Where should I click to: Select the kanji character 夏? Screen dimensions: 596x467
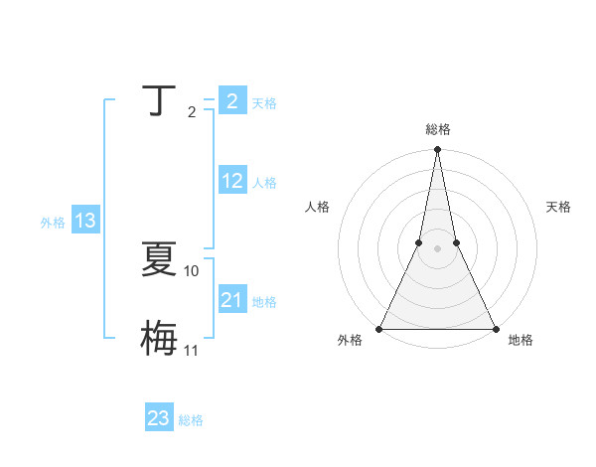click(159, 260)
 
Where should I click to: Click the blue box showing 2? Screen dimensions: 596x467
click(231, 101)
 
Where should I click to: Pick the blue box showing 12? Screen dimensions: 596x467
click(232, 181)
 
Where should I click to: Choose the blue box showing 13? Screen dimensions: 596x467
click(85, 221)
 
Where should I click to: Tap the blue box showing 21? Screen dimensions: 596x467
click(232, 300)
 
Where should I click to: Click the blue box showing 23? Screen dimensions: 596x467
click(159, 418)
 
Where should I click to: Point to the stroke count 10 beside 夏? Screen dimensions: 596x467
click(192, 270)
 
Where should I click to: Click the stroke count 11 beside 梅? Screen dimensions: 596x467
click(192, 350)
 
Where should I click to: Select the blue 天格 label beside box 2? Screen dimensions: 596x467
click(264, 103)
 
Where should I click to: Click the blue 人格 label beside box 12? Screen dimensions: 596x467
click(264, 183)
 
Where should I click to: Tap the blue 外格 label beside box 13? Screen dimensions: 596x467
click(53, 223)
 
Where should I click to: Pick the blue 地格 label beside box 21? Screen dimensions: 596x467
click(264, 302)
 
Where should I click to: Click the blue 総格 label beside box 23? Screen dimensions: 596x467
click(191, 420)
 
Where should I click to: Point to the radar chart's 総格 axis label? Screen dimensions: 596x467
click(437, 129)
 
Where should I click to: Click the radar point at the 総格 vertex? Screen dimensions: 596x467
click(437, 150)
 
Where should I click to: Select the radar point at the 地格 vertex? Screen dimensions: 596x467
click(495, 328)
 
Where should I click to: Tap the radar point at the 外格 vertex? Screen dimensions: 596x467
click(379, 328)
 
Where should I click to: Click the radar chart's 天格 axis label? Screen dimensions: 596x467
click(558, 207)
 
